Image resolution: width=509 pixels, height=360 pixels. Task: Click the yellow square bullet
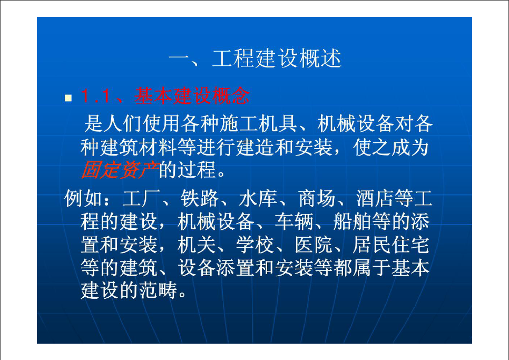[x=68, y=98]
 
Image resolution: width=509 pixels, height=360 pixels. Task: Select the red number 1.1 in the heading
[x=95, y=96]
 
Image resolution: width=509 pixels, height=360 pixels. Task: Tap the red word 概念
[x=230, y=96]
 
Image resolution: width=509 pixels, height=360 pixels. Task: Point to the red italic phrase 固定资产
[x=120, y=170]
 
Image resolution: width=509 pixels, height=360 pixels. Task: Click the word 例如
[x=83, y=198]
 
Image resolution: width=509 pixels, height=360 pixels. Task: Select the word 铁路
[x=200, y=198]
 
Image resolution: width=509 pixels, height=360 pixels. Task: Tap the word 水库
[x=258, y=198]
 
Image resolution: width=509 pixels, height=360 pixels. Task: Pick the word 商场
[x=317, y=198]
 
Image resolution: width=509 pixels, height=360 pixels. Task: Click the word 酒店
[x=375, y=198]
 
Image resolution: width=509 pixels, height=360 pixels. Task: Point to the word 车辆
[x=294, y=221]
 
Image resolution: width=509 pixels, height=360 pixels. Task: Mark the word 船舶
[x=352, y=221]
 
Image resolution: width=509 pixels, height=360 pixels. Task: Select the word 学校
[x=255, y=245]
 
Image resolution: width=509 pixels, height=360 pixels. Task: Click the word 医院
[x=314, y=245]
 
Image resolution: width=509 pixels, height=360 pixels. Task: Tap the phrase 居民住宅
[x=391, y=245]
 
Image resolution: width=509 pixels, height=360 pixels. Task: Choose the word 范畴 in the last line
[x=158, y=290]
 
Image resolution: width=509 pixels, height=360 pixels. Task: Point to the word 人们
[x=123, y=124]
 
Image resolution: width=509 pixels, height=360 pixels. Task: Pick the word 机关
[x=197, y=245]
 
